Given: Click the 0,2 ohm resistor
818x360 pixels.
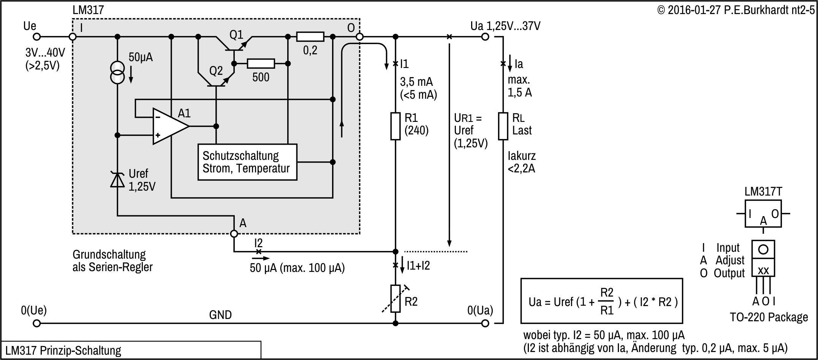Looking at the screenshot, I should click(310, 37).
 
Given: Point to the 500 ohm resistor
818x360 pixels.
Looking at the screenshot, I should click(261, 63).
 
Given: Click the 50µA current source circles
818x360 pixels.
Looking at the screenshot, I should click(117, 73).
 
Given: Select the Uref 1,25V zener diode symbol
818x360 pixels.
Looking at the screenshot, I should click(117, 180).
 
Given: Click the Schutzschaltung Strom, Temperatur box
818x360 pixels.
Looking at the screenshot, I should click(247, 162).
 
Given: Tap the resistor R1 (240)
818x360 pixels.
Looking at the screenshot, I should click(396, 126).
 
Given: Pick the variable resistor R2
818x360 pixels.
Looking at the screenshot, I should click(396, 298).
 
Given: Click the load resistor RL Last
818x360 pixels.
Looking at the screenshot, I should click(503, 126).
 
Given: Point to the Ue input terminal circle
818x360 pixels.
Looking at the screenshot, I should click(36, 37).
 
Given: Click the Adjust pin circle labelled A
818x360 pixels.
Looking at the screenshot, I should click(234, 234).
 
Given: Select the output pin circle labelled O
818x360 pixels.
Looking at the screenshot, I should click(359, 37).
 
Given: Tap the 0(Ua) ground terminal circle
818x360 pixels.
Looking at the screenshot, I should click(485, 324).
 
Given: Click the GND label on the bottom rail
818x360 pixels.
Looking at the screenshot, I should click(220, 315).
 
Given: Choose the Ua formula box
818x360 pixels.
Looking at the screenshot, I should click(601, 301).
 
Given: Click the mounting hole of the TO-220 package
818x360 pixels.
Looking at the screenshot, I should click(763, 249).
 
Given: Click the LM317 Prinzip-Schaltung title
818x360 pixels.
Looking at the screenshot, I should click(63, 350).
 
